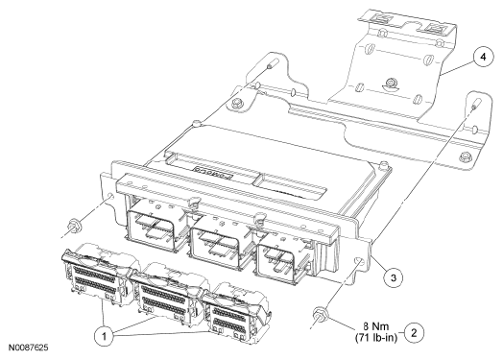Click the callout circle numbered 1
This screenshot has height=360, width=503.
pyautogui.click(x=104, y=336)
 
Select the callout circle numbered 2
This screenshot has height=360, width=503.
pyautogui.click(x=414, y=333)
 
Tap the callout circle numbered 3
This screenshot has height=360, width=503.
pyautogui.click(x=394, y=277)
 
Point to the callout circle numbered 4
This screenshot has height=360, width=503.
pyautogui.click(x=483, y=57)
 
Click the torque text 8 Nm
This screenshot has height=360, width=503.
pyautogui.click(x=375, y=326)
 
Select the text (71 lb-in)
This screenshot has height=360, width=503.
pyautogui.click(x=376, y=337)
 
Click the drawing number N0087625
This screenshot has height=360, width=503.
pyautogui.click(x=28, y=348)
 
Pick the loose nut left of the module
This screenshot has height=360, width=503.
pyautogui.click(x=74, y=225)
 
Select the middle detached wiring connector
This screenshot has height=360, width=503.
pyautogui.click(x=167, y=290)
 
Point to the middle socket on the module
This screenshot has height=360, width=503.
pyautogui.click(x=218, y=245)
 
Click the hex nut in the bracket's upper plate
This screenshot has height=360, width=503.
pyautogui.click(x=391, y=83)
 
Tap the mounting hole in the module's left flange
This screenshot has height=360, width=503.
pyautogui.click(x=109, y=196)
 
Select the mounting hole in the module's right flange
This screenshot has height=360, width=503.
pyautogui.click(x=359, y=261)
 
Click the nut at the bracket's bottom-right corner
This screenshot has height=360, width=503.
pyautogui.click(x=465, y=156)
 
